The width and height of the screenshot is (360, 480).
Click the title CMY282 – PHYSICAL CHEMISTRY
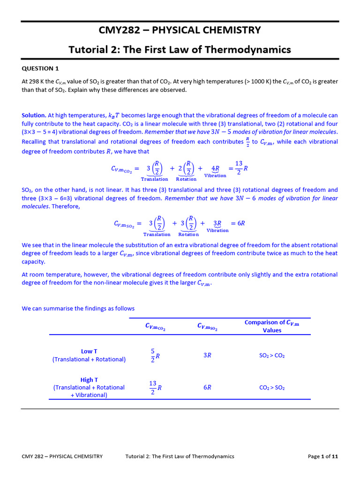coord(180,30)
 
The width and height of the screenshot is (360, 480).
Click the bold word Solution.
coord(34,115)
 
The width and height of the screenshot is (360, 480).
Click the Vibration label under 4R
coord(215,176)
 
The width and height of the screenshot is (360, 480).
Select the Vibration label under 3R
coord(217,231)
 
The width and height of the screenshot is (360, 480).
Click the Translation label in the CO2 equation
coord(154,179)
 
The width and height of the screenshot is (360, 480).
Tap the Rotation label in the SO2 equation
coord(188,234)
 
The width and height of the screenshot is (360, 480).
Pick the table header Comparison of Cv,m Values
coord(272,326)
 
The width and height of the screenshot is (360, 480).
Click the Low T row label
coord(89,351)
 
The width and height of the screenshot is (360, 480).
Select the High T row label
coord(89,380)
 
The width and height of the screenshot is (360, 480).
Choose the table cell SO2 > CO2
coord(272,356)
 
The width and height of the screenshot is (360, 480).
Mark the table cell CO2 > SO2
coord(272,388)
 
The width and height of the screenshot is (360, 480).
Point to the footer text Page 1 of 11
coord(322,456)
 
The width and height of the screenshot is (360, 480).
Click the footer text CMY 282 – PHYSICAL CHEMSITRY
coord(62,456)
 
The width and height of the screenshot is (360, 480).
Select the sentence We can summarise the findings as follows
coord(78,308)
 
